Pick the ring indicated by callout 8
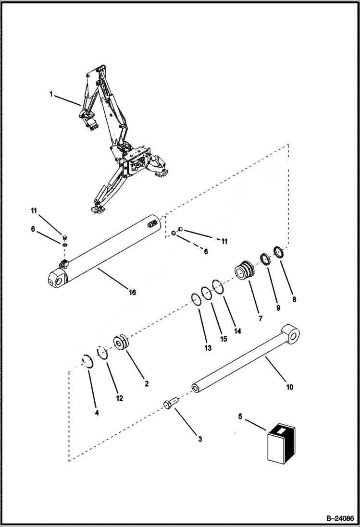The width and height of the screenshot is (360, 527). pyautogui.click(x=279, y=252)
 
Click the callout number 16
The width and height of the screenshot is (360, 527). pyautogui.click(x=132, y=292)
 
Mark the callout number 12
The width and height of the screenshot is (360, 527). pyautogui.click(x=119, y=398)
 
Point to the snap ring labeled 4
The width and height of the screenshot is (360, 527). pyautogui.click(x=86, y=361)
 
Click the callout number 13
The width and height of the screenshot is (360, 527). pyautogui.click(x=208, y=348)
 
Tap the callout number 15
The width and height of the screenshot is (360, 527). pyautogui.click(x=223, y=339)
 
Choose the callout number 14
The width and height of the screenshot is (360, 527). pyautogui.click(x=237, y=331)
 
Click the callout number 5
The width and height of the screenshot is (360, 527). pyautogui.click(x=240, y=416)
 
